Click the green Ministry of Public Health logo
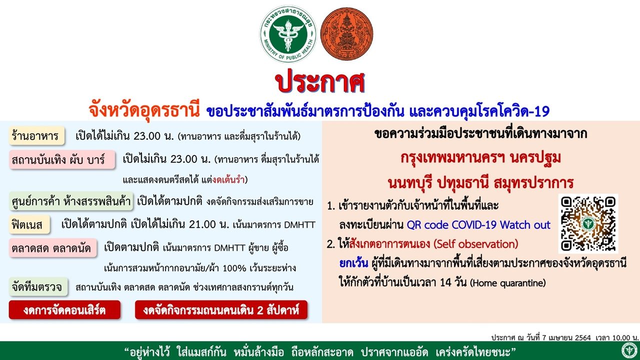click(288, 34)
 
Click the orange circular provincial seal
click(346, 33)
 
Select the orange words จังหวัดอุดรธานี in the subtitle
click(144, 110)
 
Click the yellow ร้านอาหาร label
click(36, 135)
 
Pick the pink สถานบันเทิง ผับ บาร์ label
click(62, 159)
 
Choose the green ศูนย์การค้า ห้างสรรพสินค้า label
click(71, 201)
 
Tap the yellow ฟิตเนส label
click(29, 224)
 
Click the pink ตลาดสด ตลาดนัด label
click(53, 248)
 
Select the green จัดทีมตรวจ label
click(38, 286)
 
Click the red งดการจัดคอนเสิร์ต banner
click(64, 309)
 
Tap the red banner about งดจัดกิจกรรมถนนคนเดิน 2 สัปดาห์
click(221, 309)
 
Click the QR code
click(588, 223)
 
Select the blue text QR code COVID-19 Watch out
click(478, 225)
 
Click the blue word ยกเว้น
click(353, 263)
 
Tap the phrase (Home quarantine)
click(507, 283)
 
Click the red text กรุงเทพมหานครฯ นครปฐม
click(481, 158)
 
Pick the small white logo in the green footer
click(629, 350)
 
